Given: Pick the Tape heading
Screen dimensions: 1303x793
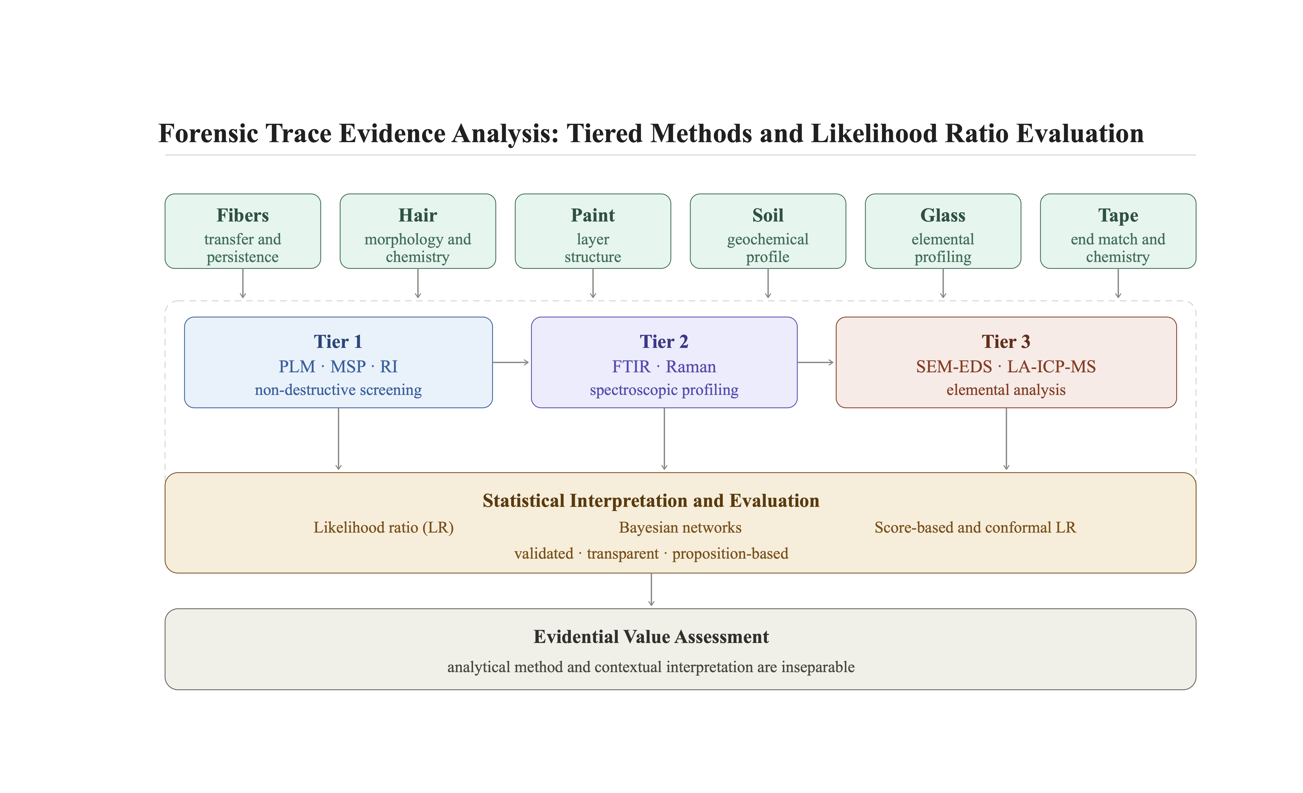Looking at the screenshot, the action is [1118, 216].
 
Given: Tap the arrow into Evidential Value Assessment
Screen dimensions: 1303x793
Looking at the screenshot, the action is [651, 589].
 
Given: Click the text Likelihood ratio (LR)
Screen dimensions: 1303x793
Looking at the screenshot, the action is [384, 528].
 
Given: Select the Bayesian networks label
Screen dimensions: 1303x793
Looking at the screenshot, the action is [680, 528].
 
